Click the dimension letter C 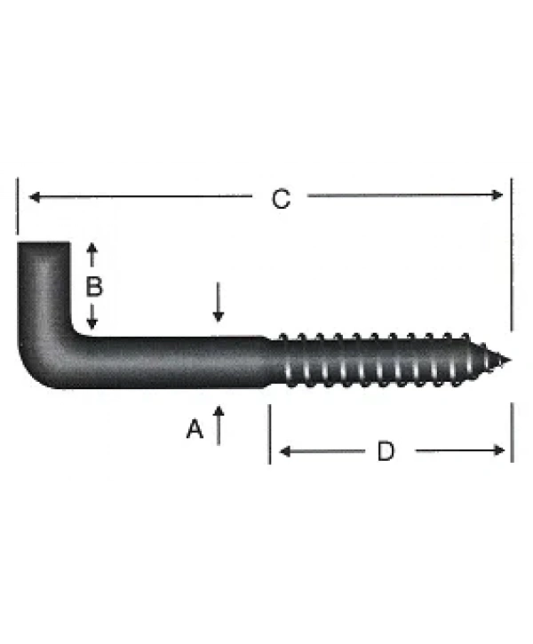point(281,199)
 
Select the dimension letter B point(93,287)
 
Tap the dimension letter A point(195,430)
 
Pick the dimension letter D point(385,451)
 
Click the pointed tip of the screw point(508,361)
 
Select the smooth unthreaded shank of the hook point(178,362)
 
